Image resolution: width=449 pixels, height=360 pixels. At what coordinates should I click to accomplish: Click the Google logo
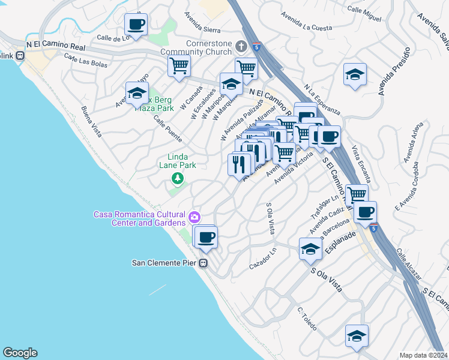tap(20, 353)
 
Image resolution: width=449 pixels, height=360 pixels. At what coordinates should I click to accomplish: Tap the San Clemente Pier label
tap(164, 263)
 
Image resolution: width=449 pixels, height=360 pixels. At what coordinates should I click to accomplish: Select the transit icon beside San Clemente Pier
tap(203, 263)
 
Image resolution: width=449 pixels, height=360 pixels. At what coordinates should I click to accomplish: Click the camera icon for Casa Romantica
tap(194, 217)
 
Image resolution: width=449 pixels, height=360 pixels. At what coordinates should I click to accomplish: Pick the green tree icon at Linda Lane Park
tap(177, 178)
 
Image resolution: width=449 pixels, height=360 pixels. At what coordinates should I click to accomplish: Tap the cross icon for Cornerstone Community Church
tap(241, 46)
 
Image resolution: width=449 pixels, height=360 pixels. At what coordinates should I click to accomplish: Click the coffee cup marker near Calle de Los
tap(136, 25)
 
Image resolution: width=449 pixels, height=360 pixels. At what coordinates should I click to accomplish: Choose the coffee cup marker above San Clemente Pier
tap(206, 237)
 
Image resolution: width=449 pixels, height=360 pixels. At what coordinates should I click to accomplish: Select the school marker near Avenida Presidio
tap(355, 75)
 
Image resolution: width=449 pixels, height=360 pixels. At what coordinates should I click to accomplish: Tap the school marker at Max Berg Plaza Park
tap(137, 94)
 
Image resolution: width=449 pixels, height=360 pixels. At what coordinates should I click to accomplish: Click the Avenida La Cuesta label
tap(309, 28)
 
